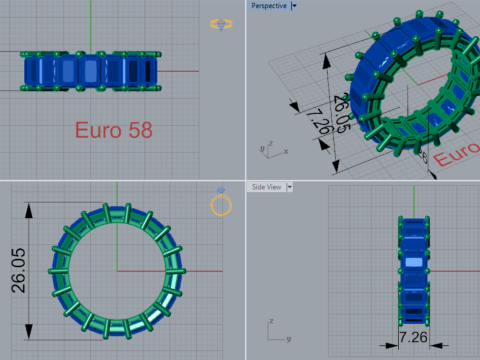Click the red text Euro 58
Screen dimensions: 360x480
coord(113,130)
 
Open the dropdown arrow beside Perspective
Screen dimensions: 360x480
coord(293,6)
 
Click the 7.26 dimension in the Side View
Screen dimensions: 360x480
coord(414,337)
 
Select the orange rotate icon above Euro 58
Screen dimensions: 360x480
coord(219,24)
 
